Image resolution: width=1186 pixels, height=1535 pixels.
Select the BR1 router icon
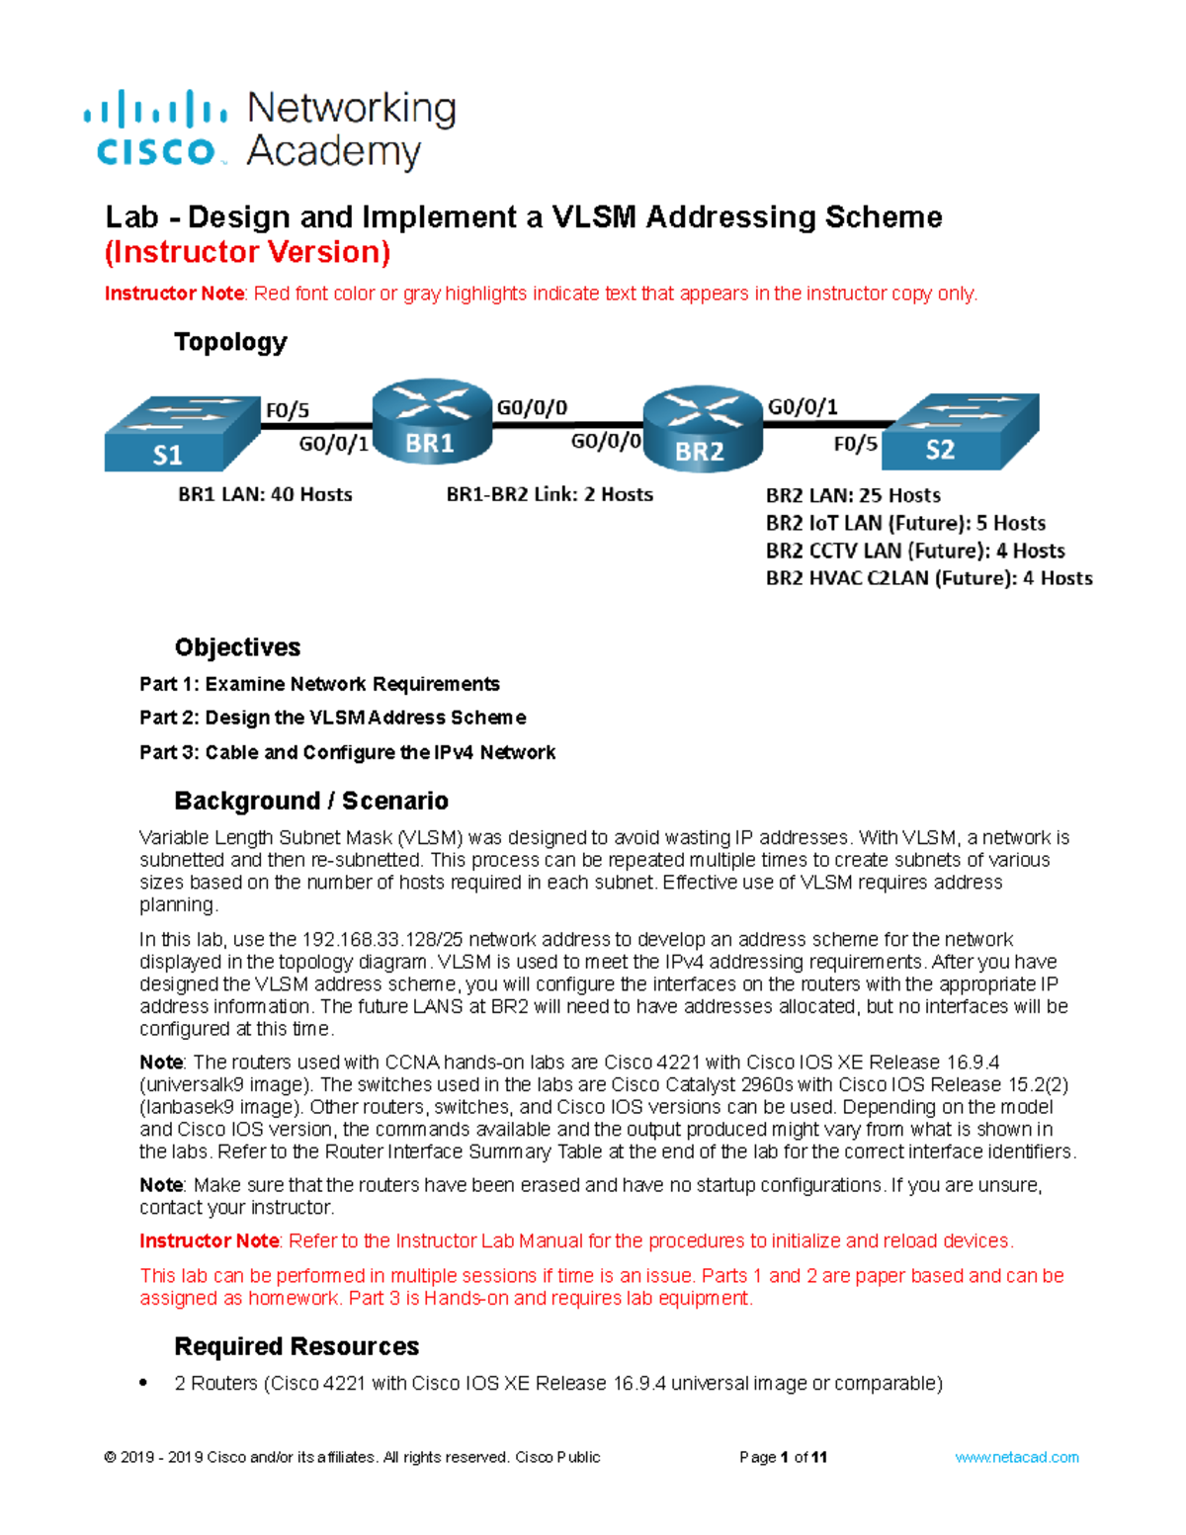(x=431, y=422)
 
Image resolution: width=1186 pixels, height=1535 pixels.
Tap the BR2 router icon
(x=702, y=429)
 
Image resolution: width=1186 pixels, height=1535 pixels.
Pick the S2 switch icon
(x=959, y=431)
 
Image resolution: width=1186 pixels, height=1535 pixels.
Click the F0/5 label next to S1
(x=287, y=409)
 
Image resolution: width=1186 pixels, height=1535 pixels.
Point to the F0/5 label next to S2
(x=855, y=444)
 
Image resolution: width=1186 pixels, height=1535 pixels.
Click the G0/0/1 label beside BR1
(x=333, y=445)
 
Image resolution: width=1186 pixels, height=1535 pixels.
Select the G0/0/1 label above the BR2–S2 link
(x=803, y=406)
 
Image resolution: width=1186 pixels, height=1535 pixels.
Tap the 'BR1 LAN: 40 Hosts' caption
(x=265, y=494)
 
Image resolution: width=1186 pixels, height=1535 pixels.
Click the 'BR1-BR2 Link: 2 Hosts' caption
(x=550, y=494)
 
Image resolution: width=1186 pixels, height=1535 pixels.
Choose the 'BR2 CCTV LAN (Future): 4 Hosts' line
(x=915, y=551)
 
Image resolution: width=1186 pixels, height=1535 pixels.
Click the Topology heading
(x=230, y=342)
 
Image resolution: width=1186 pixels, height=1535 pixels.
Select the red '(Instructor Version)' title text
(x=247, y=252)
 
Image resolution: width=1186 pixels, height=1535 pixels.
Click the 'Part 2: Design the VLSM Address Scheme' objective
(x=332, y=718)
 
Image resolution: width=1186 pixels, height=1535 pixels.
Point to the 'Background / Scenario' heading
(x=311, y=801)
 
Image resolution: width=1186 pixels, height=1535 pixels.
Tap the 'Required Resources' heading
(x=296, y=1346)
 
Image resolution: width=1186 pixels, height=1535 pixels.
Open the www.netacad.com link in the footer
(x=1016, y=1457)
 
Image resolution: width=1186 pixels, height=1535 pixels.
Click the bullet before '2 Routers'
(x=144, y=1383)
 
